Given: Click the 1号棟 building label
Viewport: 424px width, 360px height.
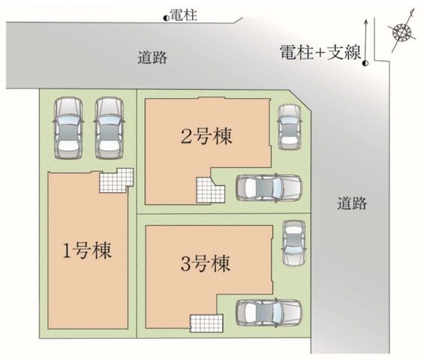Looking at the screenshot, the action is (86, 250).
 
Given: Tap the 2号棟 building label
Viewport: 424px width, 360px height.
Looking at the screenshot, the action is (206, 136).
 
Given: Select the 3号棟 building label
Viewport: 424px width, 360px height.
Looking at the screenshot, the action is (206, 263).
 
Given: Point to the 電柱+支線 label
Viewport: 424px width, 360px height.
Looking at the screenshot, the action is (320, 52).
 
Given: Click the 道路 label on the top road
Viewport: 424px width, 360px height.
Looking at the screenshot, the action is (153, 57).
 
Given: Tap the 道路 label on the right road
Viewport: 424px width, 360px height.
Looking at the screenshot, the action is (352, 203).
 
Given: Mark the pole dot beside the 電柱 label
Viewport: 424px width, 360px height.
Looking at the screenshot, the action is (166, 18).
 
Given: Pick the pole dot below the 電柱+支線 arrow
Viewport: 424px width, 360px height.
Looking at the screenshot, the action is (365, 63).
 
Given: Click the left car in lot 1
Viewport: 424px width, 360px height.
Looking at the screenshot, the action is (68, 127).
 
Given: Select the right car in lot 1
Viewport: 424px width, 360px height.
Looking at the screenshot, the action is (110, 127).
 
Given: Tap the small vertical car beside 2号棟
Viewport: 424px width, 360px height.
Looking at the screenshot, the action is (290, 127).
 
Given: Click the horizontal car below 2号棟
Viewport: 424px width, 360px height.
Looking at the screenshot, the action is (269, 187).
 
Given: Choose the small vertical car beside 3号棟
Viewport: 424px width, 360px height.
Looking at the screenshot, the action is (294, 243).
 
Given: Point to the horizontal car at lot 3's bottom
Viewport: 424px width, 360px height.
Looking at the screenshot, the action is (269, 312).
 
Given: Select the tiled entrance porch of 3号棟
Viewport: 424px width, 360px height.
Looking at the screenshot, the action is (206, 323).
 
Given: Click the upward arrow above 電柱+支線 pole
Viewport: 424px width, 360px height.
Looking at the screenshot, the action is (365, 40).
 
